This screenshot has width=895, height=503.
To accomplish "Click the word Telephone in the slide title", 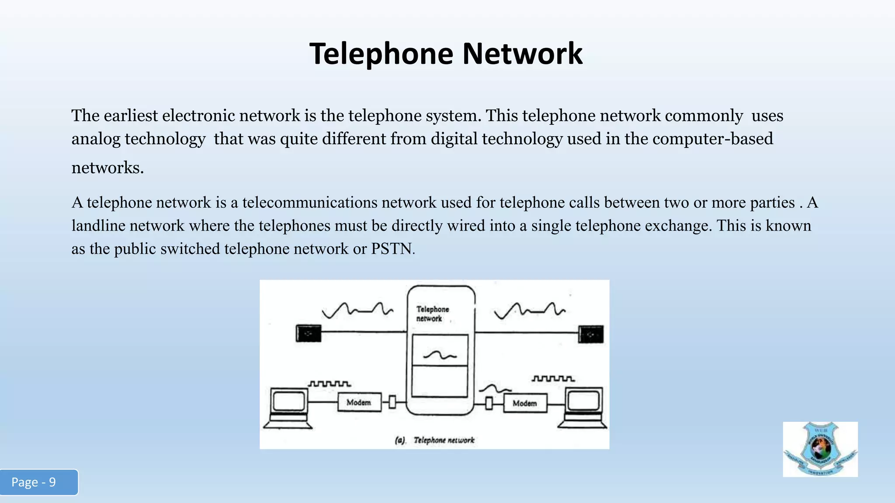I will coord(382,54).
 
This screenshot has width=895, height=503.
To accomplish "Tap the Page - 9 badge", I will coord(38,482).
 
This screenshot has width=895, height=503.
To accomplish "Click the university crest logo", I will coord(820,449).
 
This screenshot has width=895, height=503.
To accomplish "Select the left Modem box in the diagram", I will coord(359,402).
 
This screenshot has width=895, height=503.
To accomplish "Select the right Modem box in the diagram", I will coord(524,403).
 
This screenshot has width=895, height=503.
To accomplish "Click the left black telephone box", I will coord(309,334).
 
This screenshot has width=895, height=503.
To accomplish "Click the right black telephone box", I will coord(591,334).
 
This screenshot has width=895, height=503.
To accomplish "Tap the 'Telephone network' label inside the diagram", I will coord(432,314).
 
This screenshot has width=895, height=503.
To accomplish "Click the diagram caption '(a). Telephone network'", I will coord(434,440).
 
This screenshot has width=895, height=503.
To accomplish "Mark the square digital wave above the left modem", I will coord(330,384).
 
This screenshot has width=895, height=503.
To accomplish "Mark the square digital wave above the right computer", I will coord(553,378).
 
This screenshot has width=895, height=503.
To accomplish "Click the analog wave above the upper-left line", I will coord(357,310).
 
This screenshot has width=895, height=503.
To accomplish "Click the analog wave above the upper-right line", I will coord(529,310).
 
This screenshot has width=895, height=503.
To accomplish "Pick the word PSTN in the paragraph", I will coord(391,249).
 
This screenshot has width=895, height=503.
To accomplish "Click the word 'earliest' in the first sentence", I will coord(130,116).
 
